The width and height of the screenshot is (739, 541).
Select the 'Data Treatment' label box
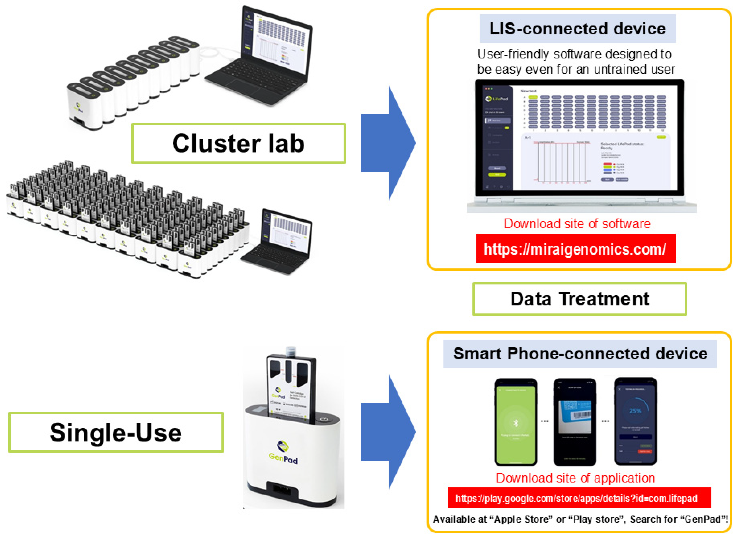point(579,299)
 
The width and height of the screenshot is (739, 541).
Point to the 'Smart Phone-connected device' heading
point(580,354)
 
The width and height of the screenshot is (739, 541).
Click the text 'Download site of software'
point(577,224)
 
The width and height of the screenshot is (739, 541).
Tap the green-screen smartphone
point(516,422)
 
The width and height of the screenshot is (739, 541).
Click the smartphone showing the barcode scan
point(574,422)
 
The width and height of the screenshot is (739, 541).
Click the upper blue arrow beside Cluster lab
point(388,143)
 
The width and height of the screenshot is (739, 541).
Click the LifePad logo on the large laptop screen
point(497,99)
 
